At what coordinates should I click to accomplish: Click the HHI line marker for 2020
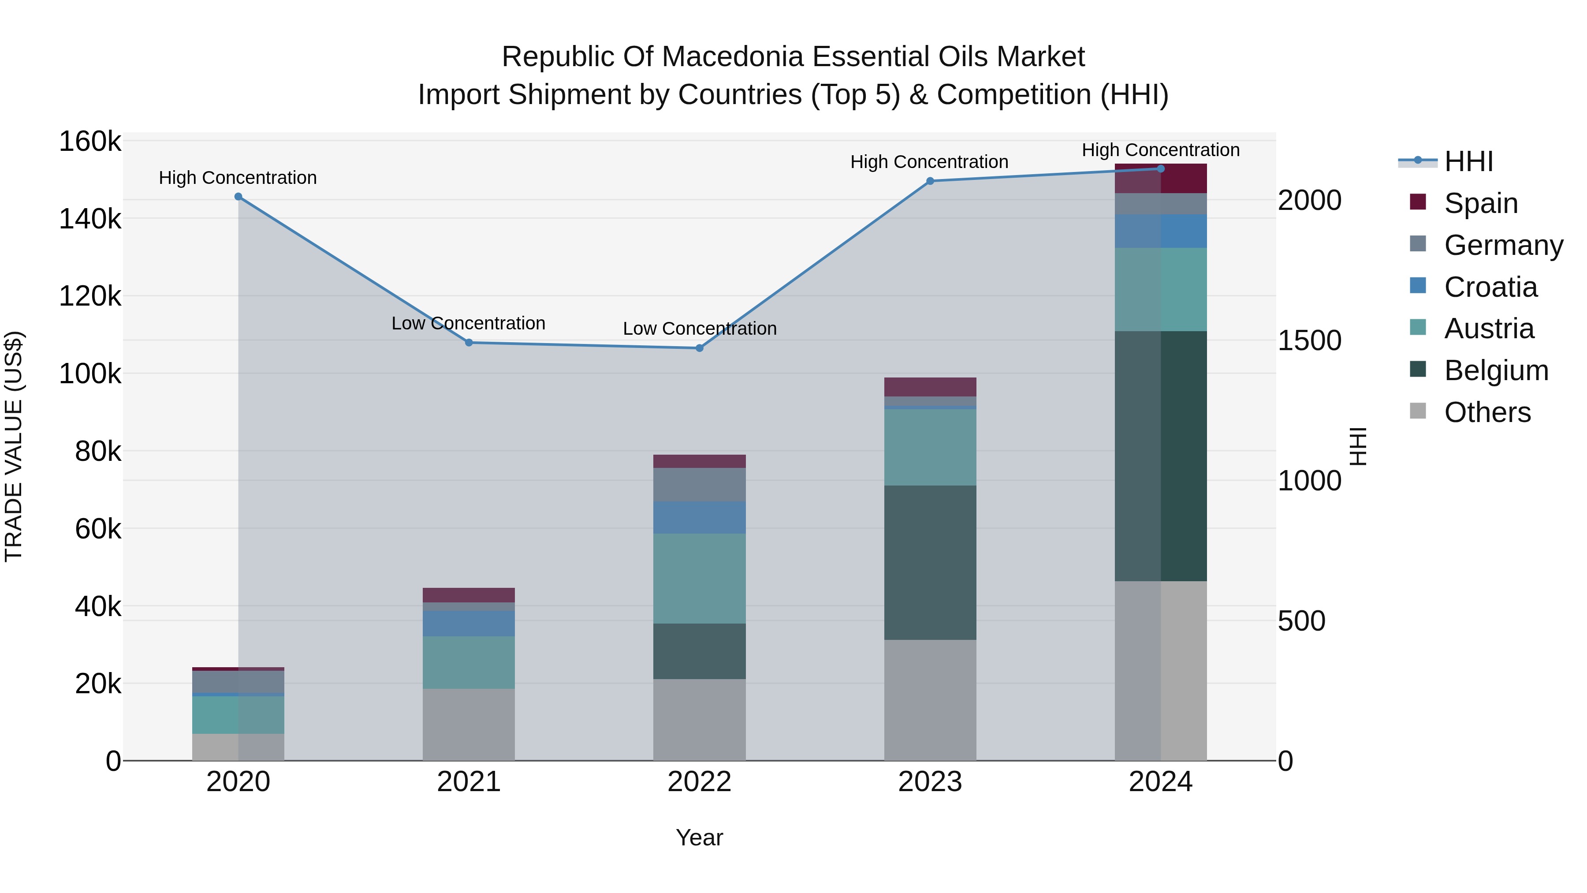238,197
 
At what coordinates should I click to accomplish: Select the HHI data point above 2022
699,348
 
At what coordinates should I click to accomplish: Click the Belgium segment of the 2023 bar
930,562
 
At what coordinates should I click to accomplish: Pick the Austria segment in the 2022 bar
699,578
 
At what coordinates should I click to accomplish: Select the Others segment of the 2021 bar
469,724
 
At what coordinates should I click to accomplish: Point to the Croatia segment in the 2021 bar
469,623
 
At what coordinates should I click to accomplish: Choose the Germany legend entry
1503,245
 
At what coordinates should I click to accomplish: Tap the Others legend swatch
1418,411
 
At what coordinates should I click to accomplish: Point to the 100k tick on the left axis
90,374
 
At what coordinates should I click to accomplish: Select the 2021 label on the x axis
469,782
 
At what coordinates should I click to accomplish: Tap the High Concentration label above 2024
1161,150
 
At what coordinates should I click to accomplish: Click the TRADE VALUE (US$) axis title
14,446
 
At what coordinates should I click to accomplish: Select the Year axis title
699,837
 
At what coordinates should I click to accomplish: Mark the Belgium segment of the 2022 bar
699,651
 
